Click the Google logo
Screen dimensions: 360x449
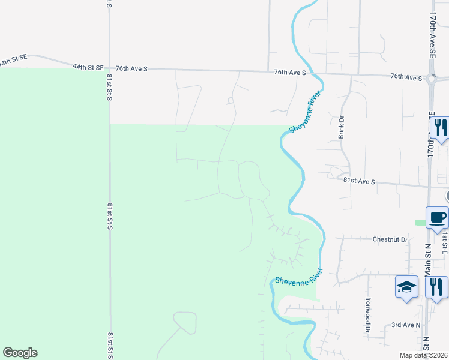tap(20, 353)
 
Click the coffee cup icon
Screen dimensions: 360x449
tap(436, 217)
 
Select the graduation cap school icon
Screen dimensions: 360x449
tap(406, 286)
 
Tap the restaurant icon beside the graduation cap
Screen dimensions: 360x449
tap(436, 286)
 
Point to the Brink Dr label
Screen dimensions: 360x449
tap(342, 128)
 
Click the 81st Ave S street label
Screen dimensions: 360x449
tap(359, 181)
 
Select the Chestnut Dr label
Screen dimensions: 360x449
tap(390, 239)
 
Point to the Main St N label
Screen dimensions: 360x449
tap(428, 258)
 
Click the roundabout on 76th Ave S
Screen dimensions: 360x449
tap(432, 78)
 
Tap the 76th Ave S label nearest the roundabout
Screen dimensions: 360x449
tap(406, 77)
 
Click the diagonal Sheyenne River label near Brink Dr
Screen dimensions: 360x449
tap(305, 112)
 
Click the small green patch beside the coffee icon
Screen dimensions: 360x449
tap(420, 223)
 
